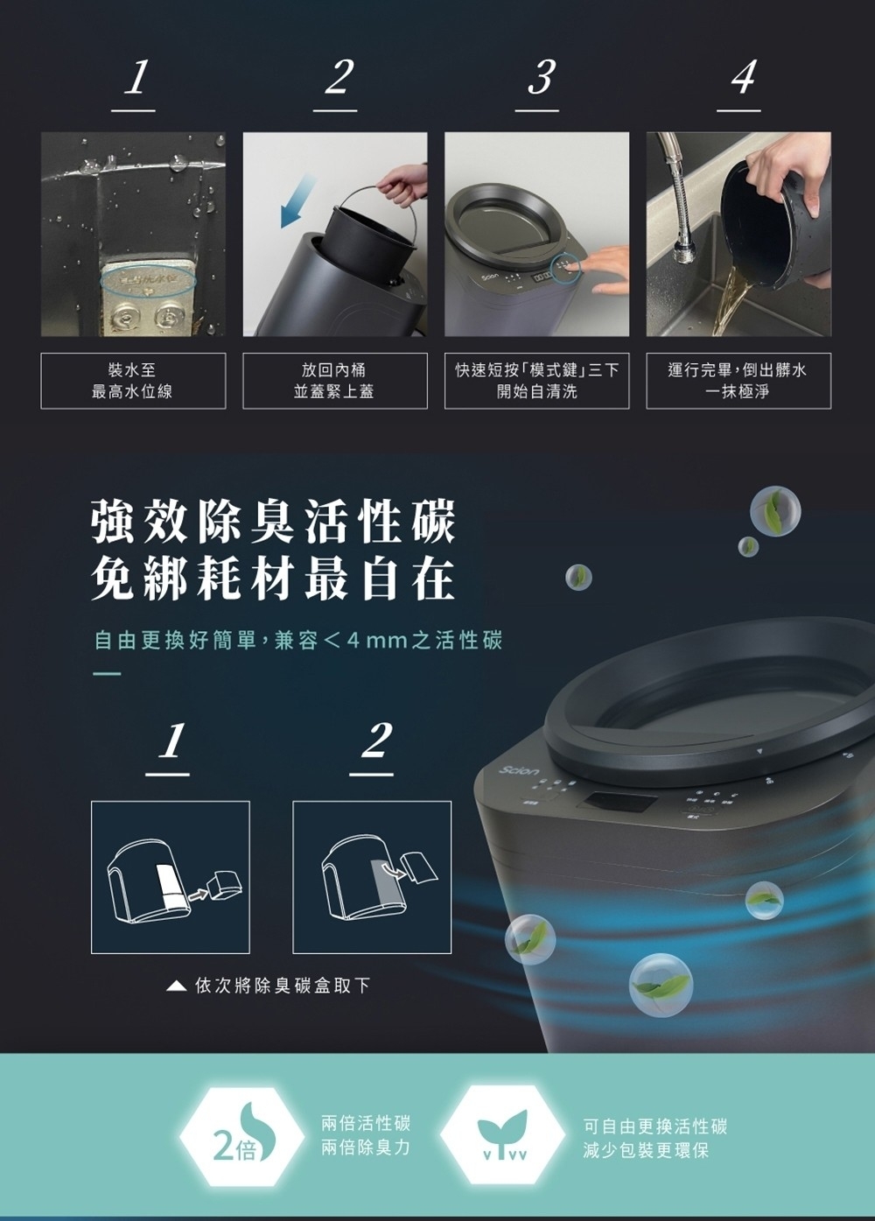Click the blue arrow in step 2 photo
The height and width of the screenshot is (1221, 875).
coord(298,200)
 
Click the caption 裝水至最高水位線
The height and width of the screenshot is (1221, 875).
coord(132,381)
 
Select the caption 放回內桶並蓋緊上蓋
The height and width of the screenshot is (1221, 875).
coord(334,381)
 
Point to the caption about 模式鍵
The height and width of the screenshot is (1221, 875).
coord(536,381)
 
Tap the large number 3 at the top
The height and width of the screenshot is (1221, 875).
coord(540,77)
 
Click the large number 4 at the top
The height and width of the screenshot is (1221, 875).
coord(743,77)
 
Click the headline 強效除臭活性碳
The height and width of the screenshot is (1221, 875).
coord(273,523)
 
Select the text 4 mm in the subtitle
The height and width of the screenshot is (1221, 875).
coord(376,640)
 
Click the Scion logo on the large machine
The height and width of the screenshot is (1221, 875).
coord(519,771)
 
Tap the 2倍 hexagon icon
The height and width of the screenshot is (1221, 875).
coord(241,1133)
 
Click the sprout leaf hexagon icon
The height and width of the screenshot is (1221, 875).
coord(503,1133)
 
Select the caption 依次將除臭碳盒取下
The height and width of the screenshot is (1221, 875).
coord(283,985)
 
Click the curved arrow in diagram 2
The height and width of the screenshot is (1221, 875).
coord(394,869)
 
